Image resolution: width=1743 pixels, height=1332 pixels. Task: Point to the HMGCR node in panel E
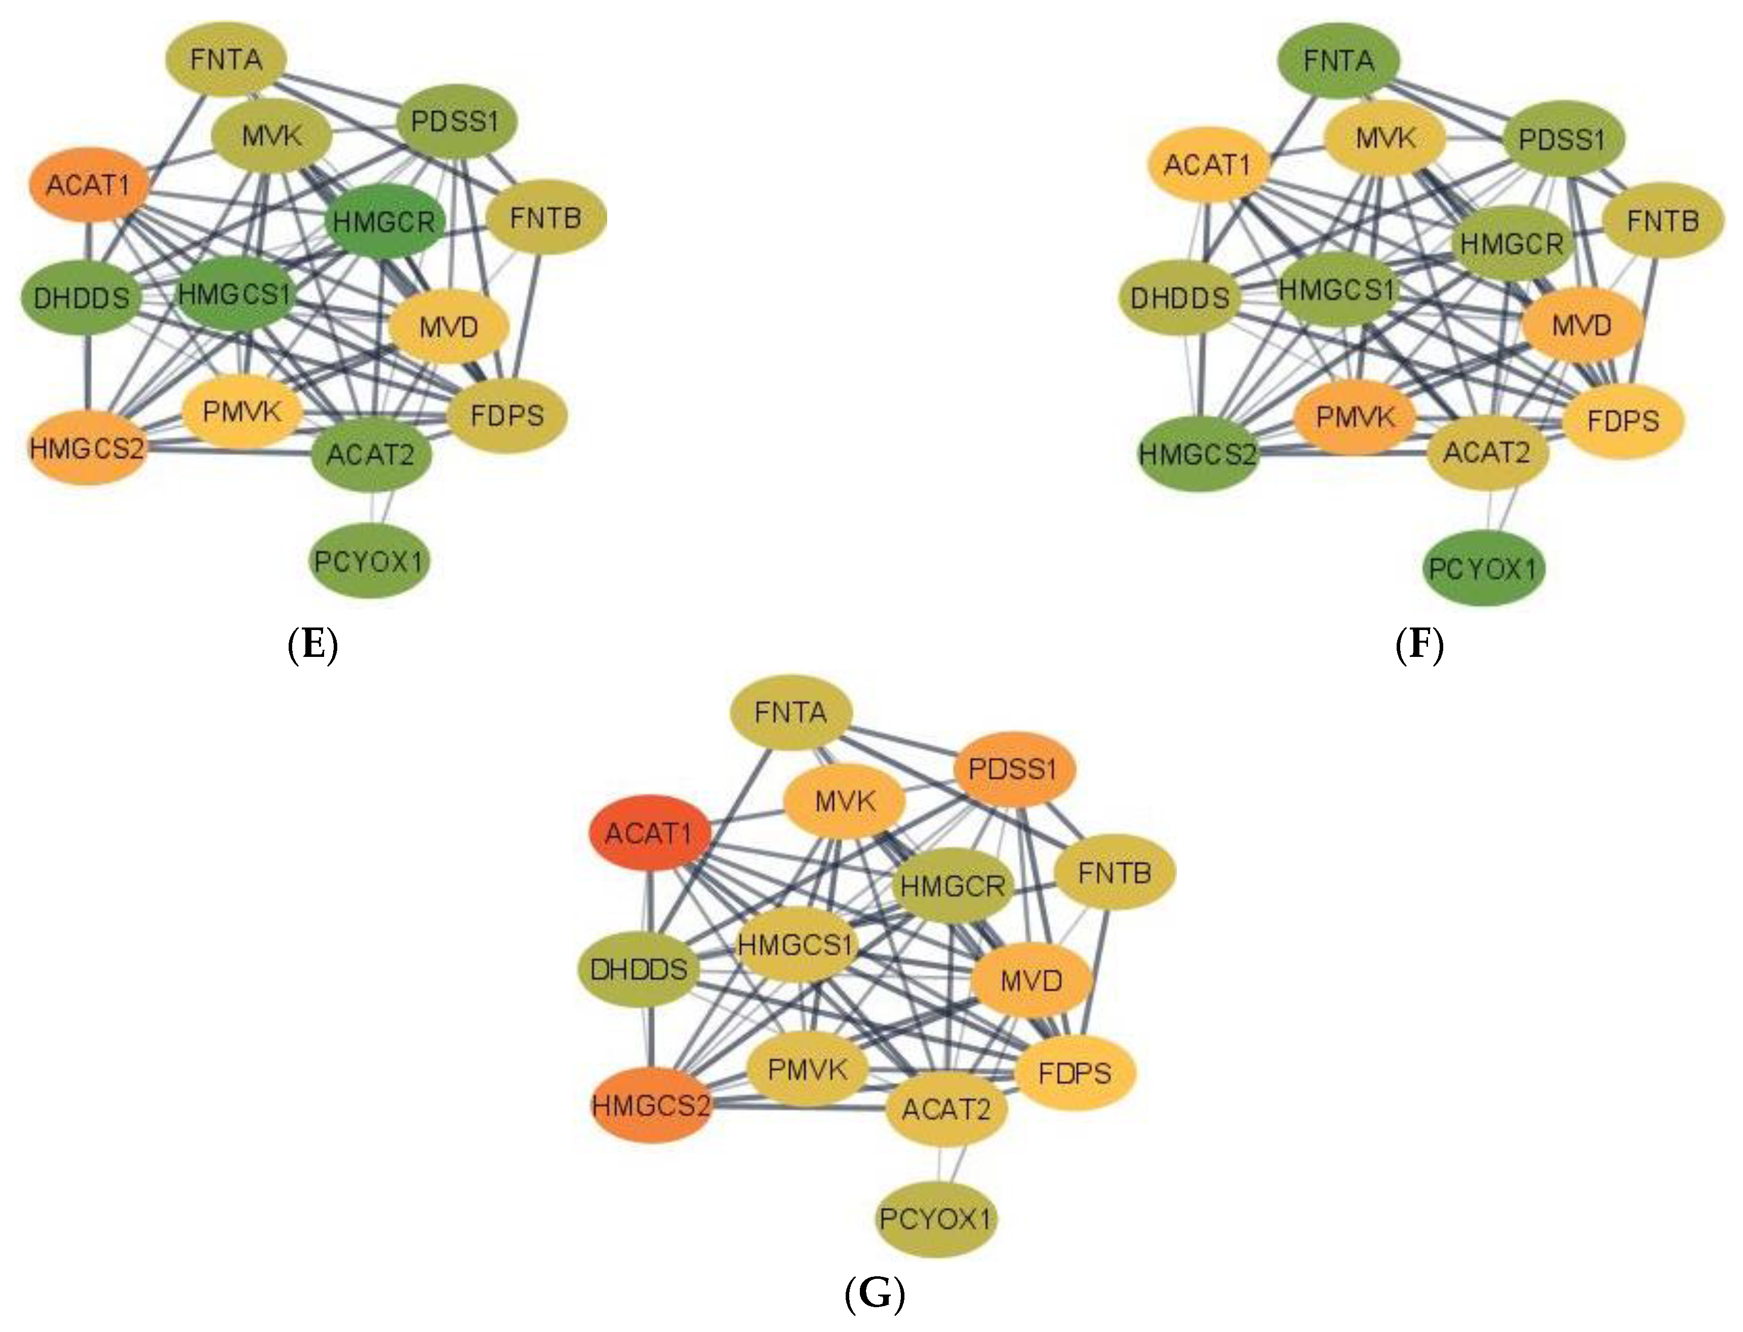pyautogui.click(x=384, y=221)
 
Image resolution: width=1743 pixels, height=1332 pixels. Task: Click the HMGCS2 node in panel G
pyautogui.click(x=651, y=1105)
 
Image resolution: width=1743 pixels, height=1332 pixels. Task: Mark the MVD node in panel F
pyautogui.click(x=1581, y=326)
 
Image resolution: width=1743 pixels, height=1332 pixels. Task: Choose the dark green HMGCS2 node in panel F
pyautogui.click(x=1198, y=454)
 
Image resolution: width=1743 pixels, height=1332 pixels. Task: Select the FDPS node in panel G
pyautogui.click(x=1075, y=1074)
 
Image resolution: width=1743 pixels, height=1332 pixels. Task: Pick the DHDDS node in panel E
pyautogui.click(x=82, y=298)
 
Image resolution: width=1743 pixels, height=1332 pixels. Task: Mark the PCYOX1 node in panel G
pyautogui.click(x=935, y=1219)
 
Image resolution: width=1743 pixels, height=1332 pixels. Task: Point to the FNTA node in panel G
pyautogui.click(x=790, y=713)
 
